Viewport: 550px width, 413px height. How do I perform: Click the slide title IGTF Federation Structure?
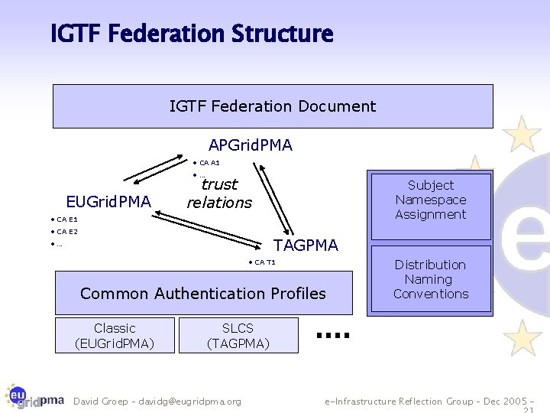[x=192, y=34]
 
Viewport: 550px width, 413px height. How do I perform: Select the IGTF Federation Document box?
[x=273, y=106]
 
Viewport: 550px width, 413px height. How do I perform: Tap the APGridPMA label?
[x=251, y=145]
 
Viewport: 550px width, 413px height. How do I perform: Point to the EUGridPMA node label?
[x=108, y=202]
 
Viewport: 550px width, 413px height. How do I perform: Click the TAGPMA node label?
[x=306, y=246]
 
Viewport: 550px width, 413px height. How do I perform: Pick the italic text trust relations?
[x=219, y=193]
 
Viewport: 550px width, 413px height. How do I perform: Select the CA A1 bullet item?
[x=206, y=163]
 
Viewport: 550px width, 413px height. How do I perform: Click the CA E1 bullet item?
[x=64, y=220]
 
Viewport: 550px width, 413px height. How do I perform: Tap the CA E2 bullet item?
[x=64, y=232]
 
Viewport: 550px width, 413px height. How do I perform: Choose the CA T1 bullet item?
[x=262, y=262]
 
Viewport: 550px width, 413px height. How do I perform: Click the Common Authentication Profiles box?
[x=204, y=293]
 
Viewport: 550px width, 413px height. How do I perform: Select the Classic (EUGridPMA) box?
[x=115, y=336]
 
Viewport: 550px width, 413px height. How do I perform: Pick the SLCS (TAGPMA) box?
[x=238, y=336]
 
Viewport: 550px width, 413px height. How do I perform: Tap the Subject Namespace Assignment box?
[x=431, y=206]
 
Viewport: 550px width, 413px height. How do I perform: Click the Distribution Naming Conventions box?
[x=431, y=279]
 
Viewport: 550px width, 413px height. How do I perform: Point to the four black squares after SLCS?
[x=333, y=335]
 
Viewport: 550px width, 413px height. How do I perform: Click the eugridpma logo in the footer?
[x=34, y=397]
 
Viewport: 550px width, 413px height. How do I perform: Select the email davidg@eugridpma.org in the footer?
[x=189, y=402]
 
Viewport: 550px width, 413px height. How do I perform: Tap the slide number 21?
[x=529, y=410]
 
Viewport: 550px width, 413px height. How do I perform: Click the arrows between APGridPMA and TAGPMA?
[x=273, y=198]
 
